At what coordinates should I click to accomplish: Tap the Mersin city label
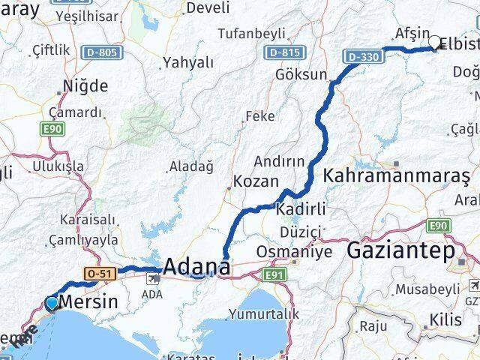pyautogui.click(x=92, y=302)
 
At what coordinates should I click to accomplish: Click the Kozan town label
pyautogui.click(x=256, y=181)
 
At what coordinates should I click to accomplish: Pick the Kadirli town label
pyautogui.click(x=299, y=208)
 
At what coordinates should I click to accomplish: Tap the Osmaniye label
pyautogui.click(x=286, y=251)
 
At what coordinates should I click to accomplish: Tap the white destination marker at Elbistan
pyautogui.click(x=434, y=43)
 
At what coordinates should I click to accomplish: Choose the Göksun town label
pyautogui.click(x=302, y=74)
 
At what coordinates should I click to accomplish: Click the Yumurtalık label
pyautogui.click(x=274, y=314)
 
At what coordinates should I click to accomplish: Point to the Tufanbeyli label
pyautogui.click(x=251, y=33)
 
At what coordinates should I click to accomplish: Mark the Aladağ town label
pyautogui.click(x=192, y=165)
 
